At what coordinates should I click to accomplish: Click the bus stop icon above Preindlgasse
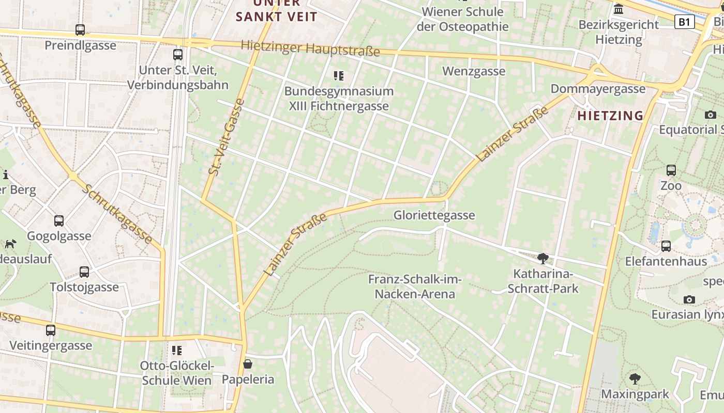[x=80, y=30]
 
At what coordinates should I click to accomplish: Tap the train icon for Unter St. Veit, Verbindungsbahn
[x=178, y=54]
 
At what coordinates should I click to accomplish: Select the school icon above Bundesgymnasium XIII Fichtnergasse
[x=339, y=76]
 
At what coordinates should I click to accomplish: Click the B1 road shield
[x=684, y=22]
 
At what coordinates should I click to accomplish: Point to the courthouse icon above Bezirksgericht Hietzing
[x=619, y=9]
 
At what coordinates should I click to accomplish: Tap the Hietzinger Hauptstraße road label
[x=310, y=48]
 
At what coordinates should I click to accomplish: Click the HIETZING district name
[x=610, y=116]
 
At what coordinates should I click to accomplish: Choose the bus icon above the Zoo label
[x=671, y=170]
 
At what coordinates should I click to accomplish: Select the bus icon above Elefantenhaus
[x=666, y=246]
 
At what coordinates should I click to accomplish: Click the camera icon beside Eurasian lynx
[x=689, y=299]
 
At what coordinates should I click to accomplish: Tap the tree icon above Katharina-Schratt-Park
[x=542, y=258]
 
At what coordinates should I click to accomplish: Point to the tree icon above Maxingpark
[x=635, y=379]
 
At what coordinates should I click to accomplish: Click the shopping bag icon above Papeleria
[x=248, y=364]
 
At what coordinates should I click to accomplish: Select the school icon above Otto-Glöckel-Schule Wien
[x=177, y=351]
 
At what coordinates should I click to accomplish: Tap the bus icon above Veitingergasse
[x=51, y=330]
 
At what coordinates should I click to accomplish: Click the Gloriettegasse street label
[x=434, y=215]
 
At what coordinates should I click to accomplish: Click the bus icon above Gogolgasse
[x=59, y=221]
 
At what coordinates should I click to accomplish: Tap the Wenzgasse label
[x=473, y=71]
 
